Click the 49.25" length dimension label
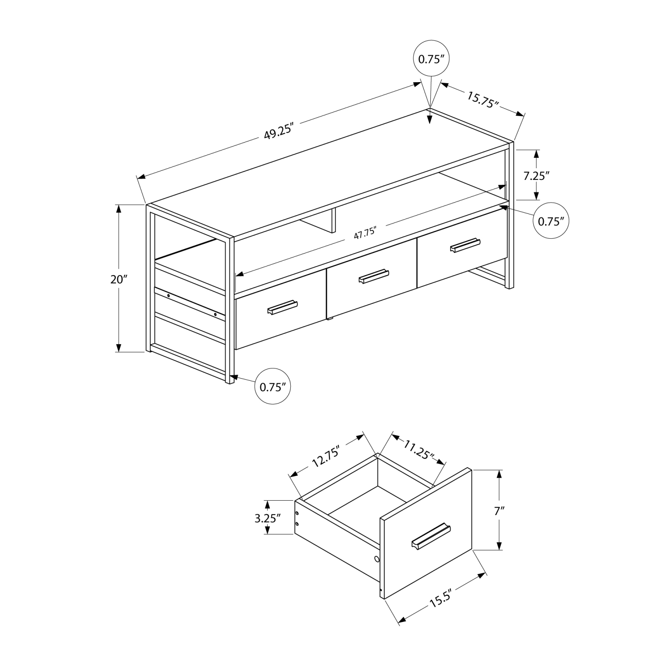(279, 130)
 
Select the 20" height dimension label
(117, 279)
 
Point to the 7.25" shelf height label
(536, 176)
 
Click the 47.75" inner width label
(364, 233)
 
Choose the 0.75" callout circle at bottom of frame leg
(273, 386)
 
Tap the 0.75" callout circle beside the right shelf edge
(551, 221)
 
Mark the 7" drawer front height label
(499, 511)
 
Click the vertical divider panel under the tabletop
(333, 220)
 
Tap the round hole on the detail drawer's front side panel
(376, 559)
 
